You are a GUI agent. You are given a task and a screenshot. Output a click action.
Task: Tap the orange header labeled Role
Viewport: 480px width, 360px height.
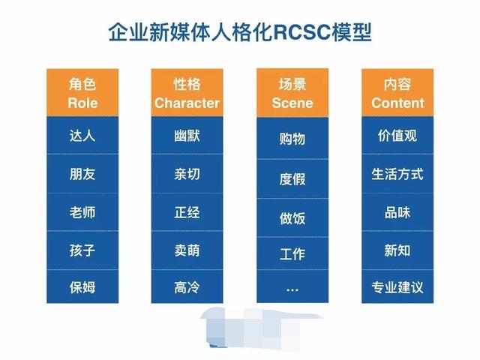click(82, 93)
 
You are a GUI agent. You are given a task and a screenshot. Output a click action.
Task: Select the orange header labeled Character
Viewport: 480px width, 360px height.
click(187, 93)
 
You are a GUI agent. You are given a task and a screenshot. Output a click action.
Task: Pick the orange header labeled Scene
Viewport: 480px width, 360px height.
click(292, 93)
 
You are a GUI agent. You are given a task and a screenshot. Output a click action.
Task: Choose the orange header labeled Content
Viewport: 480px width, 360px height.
click(397, 93)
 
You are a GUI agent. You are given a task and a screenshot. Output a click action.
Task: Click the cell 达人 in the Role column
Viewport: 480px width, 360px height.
click(82, 136)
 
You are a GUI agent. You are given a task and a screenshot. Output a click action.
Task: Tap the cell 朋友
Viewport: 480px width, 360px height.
click(82, 174)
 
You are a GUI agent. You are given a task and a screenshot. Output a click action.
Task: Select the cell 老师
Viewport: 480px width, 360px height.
click(82, 212)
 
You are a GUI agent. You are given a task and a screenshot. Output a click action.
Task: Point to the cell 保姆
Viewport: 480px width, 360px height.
click(82, 287)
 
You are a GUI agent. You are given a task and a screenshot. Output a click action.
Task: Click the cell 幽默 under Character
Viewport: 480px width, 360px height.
click(187, 136)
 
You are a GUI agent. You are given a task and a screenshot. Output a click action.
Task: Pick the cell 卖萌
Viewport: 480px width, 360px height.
click(187, 250)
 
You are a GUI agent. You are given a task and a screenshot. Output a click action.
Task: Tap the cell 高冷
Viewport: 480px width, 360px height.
click(187, 287)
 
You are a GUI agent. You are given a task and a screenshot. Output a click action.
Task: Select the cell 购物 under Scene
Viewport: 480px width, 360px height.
click(292, 139)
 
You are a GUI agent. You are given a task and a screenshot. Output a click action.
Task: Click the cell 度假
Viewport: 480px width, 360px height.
click(292, 178)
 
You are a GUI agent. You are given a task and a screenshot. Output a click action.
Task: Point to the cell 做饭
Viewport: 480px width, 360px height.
click(292, 217)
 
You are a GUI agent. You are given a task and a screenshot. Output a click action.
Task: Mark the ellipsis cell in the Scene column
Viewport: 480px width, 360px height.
click(292, 288)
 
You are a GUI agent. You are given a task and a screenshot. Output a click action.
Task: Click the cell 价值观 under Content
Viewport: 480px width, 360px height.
click(397, 136)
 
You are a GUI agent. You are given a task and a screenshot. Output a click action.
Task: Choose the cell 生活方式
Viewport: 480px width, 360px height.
click(397, 174)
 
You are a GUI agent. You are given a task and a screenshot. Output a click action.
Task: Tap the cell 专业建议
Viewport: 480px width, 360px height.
click(397, 287)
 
